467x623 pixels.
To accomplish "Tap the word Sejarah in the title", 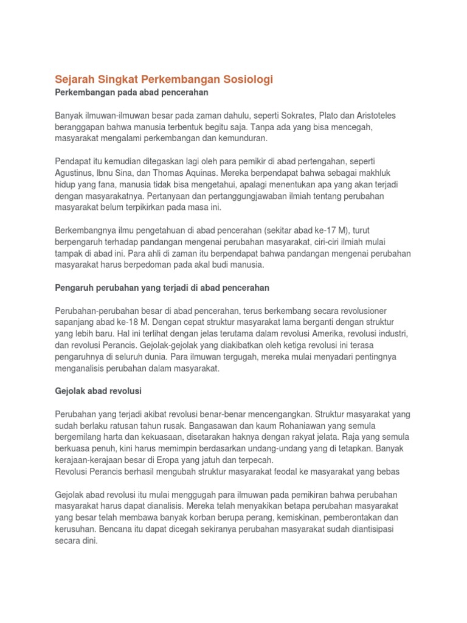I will click(x=76, y=80).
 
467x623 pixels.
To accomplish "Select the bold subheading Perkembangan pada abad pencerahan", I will click(x=132, y=92).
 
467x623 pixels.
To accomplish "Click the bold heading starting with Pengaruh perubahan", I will click(x=162, y=287).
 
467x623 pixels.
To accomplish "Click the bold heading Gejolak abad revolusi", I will click(x=98, y=390).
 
